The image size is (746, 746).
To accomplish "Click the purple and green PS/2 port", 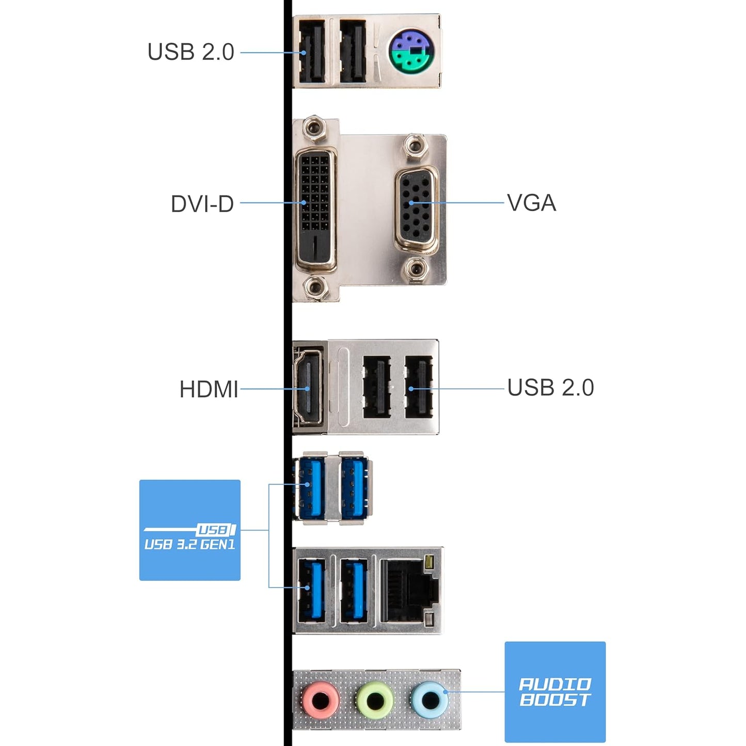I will (x=411, y=52).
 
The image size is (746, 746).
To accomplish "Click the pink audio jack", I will (x=321, y=700).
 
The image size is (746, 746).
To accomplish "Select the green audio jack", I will (x=375, y=700).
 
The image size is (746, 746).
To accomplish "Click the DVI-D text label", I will (x=202, y=204).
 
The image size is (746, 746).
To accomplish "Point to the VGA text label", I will (x=531, y=203).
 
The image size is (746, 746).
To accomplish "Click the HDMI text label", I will (x=209, y=389).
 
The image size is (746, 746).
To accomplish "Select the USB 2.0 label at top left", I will (x=191, y=52).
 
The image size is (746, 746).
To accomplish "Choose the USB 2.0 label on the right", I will (x=550, y=388).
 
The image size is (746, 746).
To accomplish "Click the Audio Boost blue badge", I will (x=554, y=692).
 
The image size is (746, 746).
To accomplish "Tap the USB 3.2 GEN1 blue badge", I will (x=189, y=530).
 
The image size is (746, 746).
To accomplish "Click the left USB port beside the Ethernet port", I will (x=311, y=590).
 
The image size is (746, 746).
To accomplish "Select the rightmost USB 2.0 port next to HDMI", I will (x=418, y=387).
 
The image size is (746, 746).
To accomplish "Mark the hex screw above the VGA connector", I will (x=415, y=146).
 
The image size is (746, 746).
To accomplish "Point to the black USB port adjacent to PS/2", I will (x=353, y=51).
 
